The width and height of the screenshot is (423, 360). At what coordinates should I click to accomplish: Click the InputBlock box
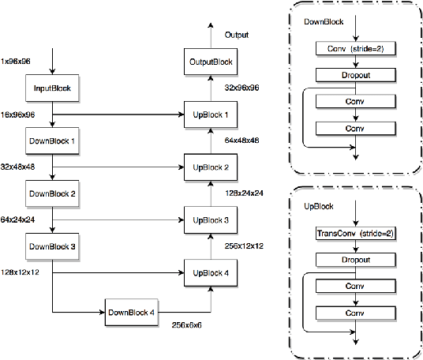52,88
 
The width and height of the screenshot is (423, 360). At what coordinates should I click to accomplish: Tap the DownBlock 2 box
52,192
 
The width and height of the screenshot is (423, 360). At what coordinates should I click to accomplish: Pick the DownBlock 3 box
52,246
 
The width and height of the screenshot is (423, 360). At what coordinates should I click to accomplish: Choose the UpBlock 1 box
210,114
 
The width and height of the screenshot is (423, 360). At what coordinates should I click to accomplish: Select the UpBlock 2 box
210,167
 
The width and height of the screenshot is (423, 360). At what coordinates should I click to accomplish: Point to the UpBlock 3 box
210,220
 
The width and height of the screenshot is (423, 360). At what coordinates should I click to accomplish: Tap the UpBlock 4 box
210,272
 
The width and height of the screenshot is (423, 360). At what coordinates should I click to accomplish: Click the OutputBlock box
211,62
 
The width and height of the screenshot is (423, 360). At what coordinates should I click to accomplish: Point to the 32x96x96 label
242,88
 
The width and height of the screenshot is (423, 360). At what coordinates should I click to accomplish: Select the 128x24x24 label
245,193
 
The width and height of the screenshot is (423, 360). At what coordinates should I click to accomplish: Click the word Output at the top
236,35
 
